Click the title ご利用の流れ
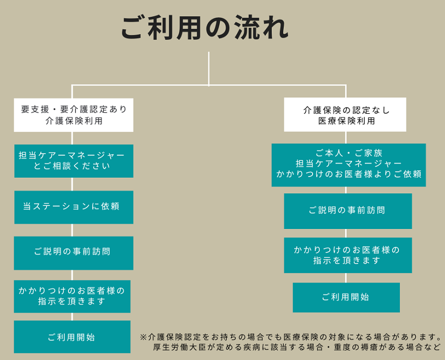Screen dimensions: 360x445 pos(205,28)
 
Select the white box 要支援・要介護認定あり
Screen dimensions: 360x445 pos(74,115)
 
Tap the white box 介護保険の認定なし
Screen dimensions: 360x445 pos(345,115)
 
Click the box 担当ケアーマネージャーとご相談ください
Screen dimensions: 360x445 pos(74,161)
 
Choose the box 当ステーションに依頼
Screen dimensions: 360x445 pos(74,207)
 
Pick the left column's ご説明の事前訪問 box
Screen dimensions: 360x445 pos(74,253)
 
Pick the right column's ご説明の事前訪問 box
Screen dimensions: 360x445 pos(348,211)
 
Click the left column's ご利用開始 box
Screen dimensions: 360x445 pos(72,337)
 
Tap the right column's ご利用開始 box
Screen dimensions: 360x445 pos(346,297)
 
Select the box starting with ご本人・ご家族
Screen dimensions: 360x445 pos(349,164)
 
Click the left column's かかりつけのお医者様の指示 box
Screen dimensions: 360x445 pos(72,296)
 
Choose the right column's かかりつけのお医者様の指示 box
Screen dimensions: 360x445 pos(348,255)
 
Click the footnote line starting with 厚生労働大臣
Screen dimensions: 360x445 pos(296,347)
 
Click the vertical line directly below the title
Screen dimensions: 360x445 pos(208,68)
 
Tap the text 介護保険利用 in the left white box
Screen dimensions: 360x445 pos(74,121)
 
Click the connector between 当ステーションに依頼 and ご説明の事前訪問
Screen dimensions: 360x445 pos(72,230)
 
